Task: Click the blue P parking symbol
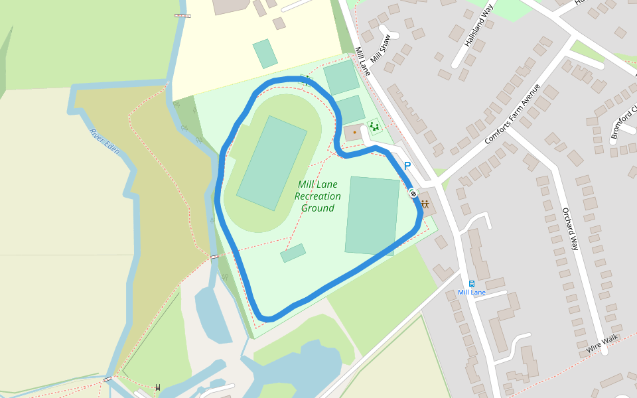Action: pos(407,166)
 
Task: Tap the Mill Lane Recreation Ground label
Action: pos(318,196)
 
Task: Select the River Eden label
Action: pos(105,141)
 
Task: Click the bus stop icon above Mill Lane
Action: pos(472,283)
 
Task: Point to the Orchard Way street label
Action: pos(571,229)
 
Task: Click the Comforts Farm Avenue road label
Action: pos(512,114)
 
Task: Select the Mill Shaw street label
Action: pos(382,48)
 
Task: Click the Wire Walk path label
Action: pos(602,343)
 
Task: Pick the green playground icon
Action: pos(374,125)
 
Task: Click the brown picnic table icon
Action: pos(425,204)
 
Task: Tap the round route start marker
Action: pos(413,194)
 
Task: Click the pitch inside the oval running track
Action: pos(271,163)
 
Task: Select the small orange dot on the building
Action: pos(354,132)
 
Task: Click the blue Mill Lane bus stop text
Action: pos(472,293)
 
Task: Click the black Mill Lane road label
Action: pos(362,60)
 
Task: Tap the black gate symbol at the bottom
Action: pos(158,387)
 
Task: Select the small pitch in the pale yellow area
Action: pos(265,54)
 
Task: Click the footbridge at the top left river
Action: pos(182,15)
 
